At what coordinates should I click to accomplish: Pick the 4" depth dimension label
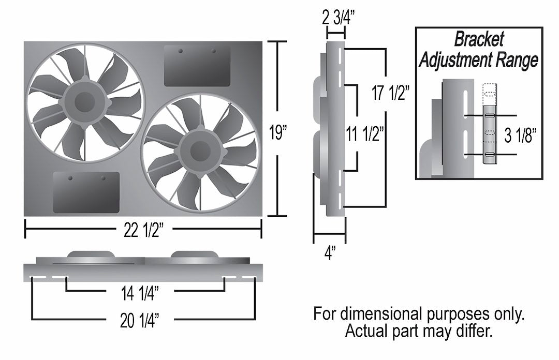330,253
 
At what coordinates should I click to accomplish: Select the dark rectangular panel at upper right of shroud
197,66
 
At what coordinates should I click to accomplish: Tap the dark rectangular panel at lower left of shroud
86,192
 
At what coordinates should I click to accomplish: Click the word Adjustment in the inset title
454,61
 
